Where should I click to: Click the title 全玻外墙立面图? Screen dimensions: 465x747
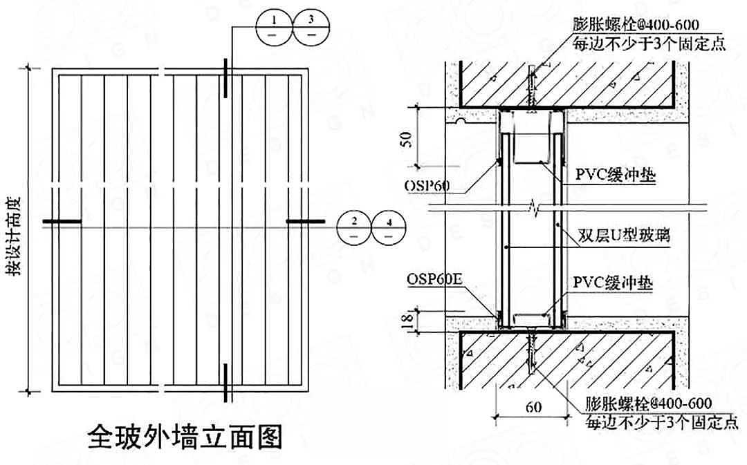click(x=186, y=437)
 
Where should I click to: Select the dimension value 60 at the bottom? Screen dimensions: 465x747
click(x=533, y=408)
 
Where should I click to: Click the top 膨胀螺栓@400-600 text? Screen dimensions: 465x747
click(x=636, y=24)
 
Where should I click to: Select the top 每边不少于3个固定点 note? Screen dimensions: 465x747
click(x=649, y=44)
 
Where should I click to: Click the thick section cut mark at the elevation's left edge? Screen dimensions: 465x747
click(x=62, y=222)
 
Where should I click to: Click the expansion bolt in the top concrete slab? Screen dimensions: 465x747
click(x=531, y=86)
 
